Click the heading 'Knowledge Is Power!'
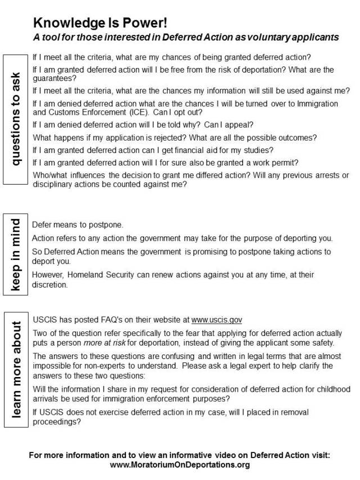[101, 23]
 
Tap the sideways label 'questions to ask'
[16, 119]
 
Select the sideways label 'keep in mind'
[16, 255]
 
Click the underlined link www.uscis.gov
[217, 320]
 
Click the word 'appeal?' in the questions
[240, 125]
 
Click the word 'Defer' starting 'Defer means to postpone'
[42, 224]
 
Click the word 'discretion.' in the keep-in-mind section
[50, 284]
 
